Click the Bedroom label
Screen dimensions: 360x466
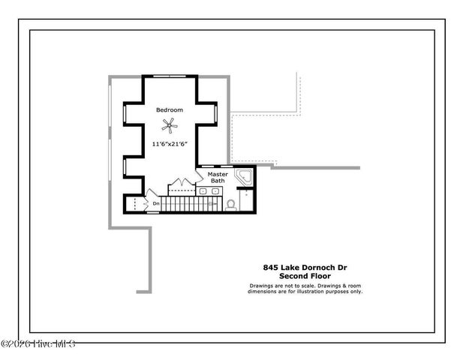click(x=169, y=110)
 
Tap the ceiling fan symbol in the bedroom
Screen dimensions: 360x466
click(x=170, y=125)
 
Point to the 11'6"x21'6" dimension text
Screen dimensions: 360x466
click(x=170, y=143)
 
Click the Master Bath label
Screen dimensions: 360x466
click(x=217, y=178)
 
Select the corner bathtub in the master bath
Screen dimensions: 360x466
click(x=243, y=179)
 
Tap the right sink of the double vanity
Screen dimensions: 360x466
click(x=216, y=191)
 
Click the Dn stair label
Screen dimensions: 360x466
click(x=156, y=203)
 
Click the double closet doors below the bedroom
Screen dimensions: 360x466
click(x=181, y=183)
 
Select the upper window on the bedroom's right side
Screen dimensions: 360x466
click(x=215, y=113)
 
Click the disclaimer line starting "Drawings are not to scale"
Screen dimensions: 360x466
click(x=305, y=286)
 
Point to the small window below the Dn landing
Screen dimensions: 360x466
click(x=152, y=212)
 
